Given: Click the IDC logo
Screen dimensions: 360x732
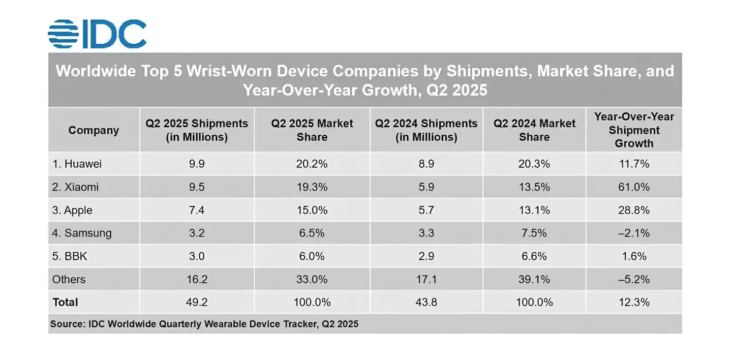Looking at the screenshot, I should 97,34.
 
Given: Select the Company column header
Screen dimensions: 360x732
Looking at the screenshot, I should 94,130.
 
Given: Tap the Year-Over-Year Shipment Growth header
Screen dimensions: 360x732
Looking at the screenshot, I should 634,130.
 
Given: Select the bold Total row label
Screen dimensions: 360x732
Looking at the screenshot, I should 65,302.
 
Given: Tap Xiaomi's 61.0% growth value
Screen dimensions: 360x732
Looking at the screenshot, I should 634,187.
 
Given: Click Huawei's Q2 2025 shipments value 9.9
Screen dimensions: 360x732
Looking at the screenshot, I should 196,164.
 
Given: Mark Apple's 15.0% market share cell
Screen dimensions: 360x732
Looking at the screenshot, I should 312,210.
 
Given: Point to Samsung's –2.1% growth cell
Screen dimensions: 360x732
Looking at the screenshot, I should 633,233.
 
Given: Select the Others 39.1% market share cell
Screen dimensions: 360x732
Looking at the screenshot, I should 534,279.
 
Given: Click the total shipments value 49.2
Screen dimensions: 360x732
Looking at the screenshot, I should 196,302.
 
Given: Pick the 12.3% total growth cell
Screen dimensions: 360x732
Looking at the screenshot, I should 634,302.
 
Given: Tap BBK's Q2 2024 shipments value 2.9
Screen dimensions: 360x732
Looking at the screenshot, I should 426,256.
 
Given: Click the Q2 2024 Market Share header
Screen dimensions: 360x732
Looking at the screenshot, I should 534,130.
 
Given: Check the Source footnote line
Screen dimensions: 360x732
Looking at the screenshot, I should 204,324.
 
